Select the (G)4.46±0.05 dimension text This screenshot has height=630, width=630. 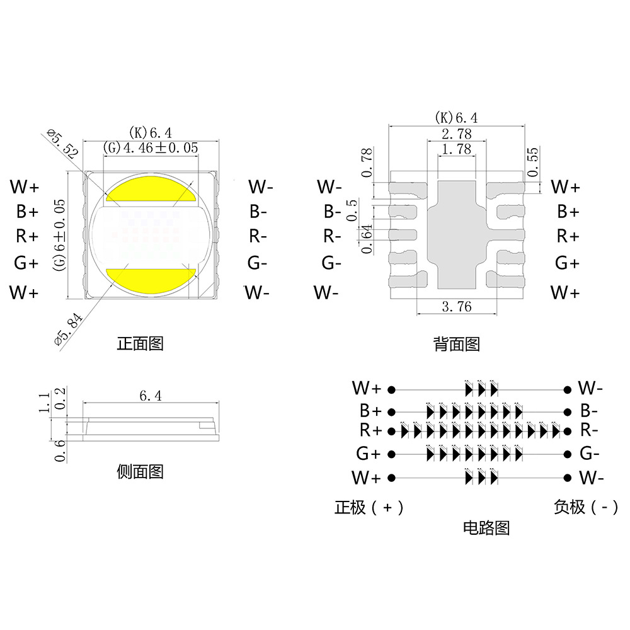pyautogui.click(x=151, y=148)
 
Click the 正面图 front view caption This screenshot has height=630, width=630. pyautogui.click(x=140, y=344)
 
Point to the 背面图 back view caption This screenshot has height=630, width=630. pyautogui.click(x=457, y=344)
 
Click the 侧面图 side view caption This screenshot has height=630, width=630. pyautogui.click(x=140, y=471)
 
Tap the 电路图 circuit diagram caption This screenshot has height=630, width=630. pyautogui.click(x=486, y=528)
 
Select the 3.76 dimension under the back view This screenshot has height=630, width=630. pyautogui.click(x=457, y=307)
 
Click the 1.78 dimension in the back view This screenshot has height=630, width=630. pyautogui.click(x=457, y=149)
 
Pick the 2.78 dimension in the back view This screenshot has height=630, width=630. pyautogui.click(x=457, y=134)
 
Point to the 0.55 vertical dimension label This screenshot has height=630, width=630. pyautogui.click(x=534, y=162)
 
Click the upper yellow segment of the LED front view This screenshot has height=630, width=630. pyautogui.click(x=151, y=189)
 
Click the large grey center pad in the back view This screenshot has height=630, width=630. pyautogui.click(x=457, y=233)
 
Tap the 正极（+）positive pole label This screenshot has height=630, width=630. pyautogui.click(x=369, y=507)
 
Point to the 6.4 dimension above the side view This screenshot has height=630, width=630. pyautogui.click(x=151, y=396)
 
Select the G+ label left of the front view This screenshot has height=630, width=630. pyautogui.click(x=26, y=263)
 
